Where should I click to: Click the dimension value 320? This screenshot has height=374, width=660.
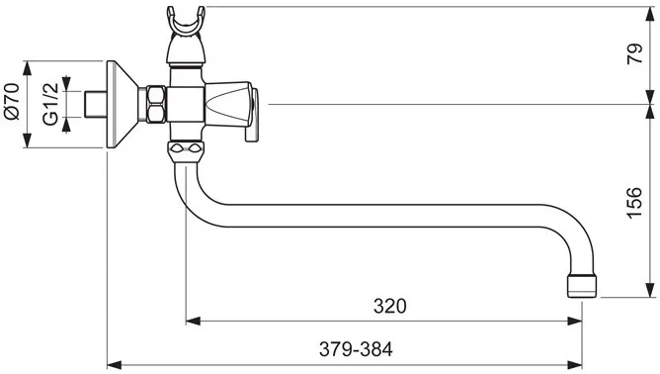(389, 306)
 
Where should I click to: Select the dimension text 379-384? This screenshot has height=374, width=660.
(356, 349)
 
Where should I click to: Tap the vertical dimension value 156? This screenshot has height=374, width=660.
(634, 203)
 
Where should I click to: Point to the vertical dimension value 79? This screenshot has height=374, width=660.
(634, 53)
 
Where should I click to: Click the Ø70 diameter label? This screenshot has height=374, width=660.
(12, 101)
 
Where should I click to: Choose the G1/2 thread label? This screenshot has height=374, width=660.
(51, 104)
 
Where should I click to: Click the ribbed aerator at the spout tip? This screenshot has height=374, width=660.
(582, 286)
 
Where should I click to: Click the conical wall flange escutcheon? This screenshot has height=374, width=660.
(123, 104)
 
